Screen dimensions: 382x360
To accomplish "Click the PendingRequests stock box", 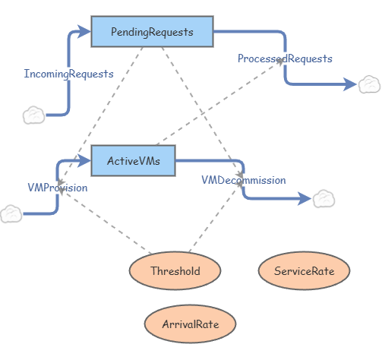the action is [152, 32].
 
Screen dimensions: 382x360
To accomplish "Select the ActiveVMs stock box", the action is [133, 160].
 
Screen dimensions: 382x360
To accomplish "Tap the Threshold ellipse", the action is [175, 270].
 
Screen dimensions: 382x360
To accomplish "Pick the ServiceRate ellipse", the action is [304, 270].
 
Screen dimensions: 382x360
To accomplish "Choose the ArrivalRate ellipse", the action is [190, 324].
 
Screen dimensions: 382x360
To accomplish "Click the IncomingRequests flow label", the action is [68, 74].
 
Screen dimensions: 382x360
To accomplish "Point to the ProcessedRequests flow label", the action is [285, 58].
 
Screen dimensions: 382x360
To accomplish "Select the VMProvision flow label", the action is [58, 188].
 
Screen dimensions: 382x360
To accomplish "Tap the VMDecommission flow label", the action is [244, 180].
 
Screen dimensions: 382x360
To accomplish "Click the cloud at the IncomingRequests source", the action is [33, 115].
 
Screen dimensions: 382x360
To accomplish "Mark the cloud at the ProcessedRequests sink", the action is [369, 84].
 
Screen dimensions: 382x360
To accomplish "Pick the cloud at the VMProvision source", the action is [11, 214].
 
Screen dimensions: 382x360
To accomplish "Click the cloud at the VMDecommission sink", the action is [324, 199].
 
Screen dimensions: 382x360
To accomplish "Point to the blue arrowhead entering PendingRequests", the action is [84, 32].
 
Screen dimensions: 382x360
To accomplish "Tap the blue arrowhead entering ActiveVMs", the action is [84, 160].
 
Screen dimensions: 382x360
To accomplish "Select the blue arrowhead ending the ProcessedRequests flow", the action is [350, 84].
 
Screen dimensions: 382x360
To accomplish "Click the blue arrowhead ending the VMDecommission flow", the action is [305, 199].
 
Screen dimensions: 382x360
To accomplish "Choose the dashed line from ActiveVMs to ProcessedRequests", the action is [220, 102].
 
